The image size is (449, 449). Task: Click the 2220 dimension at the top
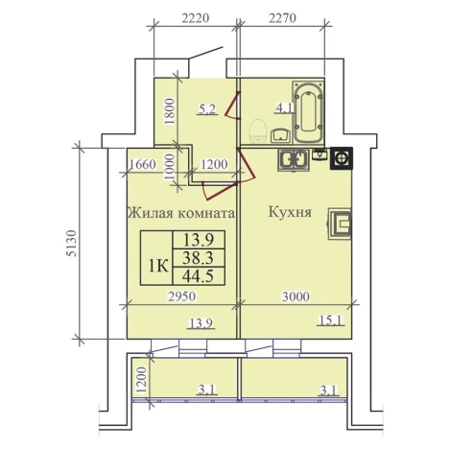(x=194, y=15)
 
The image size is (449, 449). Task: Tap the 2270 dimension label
(x=286, y=15)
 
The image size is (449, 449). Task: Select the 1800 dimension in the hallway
(x=168, y=113)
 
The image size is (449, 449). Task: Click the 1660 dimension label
(x=143, y=163)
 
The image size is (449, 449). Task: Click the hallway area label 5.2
(x=206, y=109)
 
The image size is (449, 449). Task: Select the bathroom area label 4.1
(x=256, y=108)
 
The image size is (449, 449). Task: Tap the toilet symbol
(x=257, y=130)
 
